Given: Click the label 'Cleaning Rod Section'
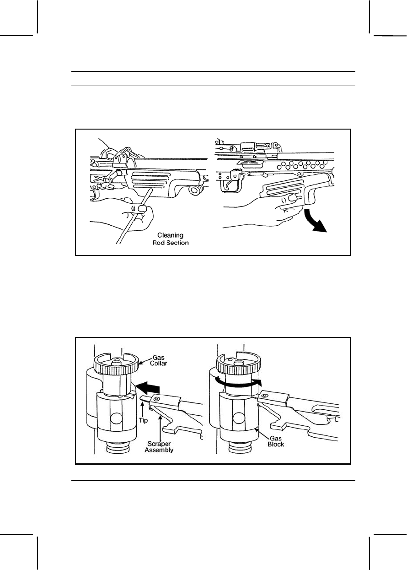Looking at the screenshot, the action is (170, 239).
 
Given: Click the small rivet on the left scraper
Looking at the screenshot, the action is (156, 400).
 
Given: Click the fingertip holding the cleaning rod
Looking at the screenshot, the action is (143, 209).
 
